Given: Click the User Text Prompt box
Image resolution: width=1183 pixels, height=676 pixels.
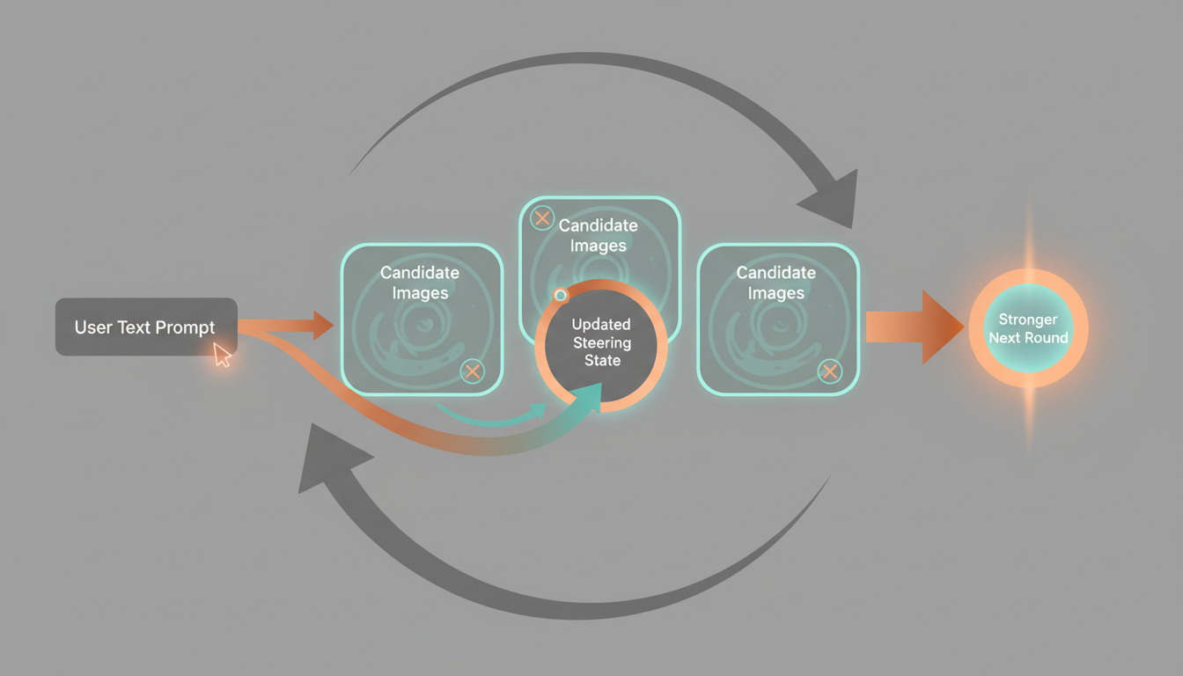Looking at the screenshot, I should (x=146, y=327).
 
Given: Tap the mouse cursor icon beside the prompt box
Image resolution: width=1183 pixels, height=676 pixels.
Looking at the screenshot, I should (x=222, y=355).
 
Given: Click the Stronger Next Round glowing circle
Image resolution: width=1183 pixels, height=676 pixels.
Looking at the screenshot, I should (x=1028, y=329).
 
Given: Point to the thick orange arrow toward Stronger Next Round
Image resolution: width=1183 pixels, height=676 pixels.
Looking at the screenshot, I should (x=915, y=327).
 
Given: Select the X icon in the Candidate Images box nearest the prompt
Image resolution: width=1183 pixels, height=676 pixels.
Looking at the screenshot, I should (x=473, y=371).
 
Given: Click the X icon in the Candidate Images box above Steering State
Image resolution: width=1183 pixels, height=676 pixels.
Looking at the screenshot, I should (x=542, y=218).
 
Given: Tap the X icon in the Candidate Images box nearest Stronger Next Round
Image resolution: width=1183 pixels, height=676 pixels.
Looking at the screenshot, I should (x=829, y=371).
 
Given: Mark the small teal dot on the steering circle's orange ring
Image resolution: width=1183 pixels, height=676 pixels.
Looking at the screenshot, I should (x=561, y=295).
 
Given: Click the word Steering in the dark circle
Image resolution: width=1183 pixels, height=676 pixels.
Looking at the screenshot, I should (x=602, y=342).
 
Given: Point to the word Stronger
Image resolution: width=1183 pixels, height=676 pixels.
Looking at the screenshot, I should (x=1028, y=320).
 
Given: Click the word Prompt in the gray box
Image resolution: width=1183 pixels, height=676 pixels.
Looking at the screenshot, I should (x=186, y=327).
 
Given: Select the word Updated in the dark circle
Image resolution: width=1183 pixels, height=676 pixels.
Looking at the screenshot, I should (x=602, y=325).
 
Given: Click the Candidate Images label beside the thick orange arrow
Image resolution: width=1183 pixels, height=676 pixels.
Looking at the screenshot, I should (x=776, y=283).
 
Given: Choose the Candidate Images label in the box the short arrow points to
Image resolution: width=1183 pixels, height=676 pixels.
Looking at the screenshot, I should (x=420, y=283).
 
